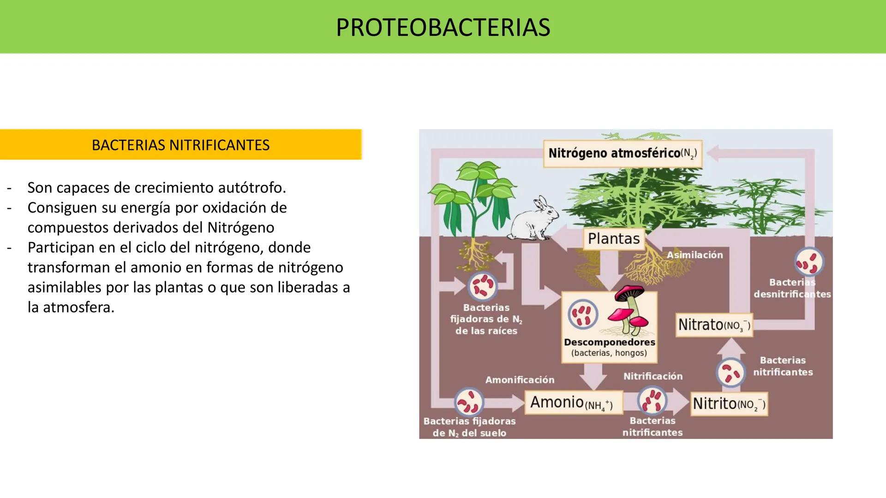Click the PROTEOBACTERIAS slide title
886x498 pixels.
coord(443,27)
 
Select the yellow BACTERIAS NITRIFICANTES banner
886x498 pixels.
coord(180,145)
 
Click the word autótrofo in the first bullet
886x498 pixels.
coord(251,188)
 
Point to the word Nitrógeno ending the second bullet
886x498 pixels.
coord(240,227)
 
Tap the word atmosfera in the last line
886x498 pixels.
coord(78,307)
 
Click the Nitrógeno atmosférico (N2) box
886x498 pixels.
coord(623,153)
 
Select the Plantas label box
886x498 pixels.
coord(614,238)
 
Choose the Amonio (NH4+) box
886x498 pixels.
coord(573,403)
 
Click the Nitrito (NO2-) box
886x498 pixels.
coord(729,404)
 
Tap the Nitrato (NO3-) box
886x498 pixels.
coord(714,325)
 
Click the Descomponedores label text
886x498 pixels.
coord(609,342)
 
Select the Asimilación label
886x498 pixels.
coord(694,255)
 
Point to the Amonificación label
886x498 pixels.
coord(520,379)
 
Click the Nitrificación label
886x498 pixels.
coord(653,376)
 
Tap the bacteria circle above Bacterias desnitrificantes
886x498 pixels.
coord(809,262)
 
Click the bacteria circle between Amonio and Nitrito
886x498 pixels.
coord(652,400)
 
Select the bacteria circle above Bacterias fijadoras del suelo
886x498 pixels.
coord(469,403)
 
